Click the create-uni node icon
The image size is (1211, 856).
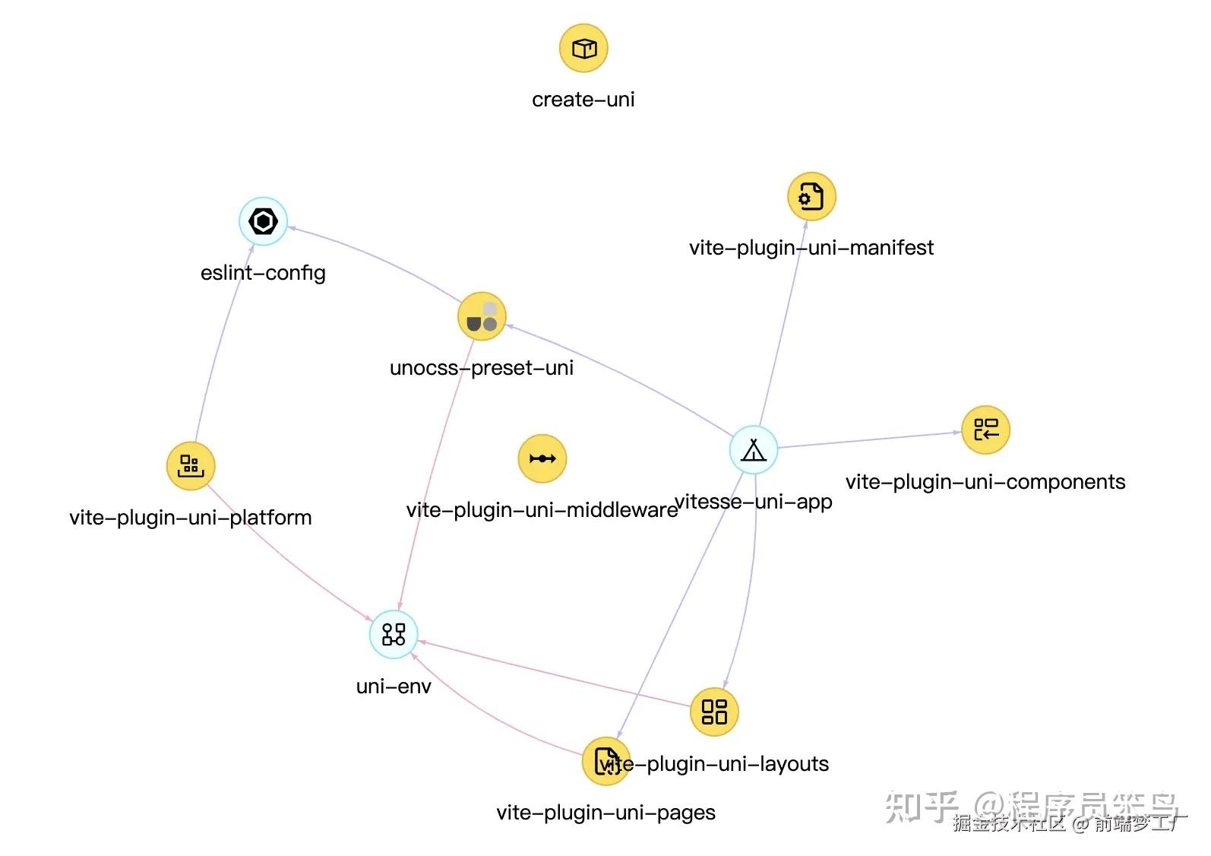583,49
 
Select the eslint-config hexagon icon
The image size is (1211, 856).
263,221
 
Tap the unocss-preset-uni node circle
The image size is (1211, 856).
482,316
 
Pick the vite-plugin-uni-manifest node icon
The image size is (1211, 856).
811,197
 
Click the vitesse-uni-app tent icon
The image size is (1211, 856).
753,450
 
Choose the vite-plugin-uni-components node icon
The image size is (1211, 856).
985,430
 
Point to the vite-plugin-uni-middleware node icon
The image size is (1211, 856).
542,458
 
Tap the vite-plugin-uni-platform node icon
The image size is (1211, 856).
191,465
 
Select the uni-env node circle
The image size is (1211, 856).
394,634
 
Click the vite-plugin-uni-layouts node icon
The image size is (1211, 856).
714,712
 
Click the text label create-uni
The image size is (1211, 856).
583,100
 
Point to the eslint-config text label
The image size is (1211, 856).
263,273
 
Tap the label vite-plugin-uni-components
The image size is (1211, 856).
985,482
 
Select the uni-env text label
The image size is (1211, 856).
394,686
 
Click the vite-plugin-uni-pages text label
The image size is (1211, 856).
605,813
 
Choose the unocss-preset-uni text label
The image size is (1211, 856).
481,368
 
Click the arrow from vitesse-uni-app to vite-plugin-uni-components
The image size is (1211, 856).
870,440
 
